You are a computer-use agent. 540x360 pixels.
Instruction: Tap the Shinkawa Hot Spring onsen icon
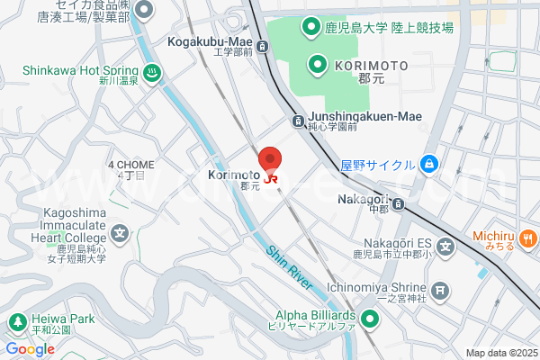pos(152,73)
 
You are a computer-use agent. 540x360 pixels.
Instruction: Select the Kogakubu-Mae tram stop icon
pos(262,46)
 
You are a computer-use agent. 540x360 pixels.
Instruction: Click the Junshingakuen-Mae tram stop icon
pos(297,121)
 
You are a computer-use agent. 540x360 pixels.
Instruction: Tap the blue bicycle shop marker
pos(429,164)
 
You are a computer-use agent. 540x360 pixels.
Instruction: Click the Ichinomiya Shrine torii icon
pos(440,290)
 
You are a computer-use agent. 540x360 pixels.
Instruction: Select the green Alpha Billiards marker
pos(370,318)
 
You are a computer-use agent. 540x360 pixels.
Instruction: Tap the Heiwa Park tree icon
pos(16,320)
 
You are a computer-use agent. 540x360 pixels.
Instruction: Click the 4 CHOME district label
pos(130,165)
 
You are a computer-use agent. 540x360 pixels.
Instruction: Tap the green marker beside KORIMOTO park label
pos(317,64)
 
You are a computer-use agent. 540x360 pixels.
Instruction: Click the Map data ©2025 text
pos(500,352)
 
